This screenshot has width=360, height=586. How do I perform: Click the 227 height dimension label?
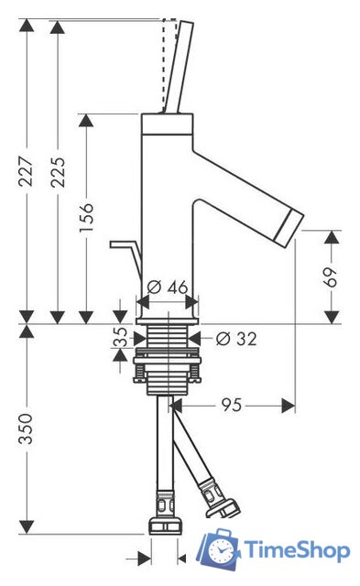click(x=27, y=171)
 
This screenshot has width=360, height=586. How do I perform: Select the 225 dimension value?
click(x=58, y=171)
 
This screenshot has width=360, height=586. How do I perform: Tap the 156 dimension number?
click(x=86, y=217)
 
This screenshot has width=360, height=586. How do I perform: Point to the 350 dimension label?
click(x=27, y=429)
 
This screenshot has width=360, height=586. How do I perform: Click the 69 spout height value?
click(x=330, y=277)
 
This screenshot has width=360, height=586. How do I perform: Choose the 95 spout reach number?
click(x=232, y=405)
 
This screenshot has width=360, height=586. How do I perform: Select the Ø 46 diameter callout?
click(x=167, y=287)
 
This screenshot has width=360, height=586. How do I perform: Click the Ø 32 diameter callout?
click(x=236, y=339)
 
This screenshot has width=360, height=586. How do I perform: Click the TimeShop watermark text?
click(x=297, y=550)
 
